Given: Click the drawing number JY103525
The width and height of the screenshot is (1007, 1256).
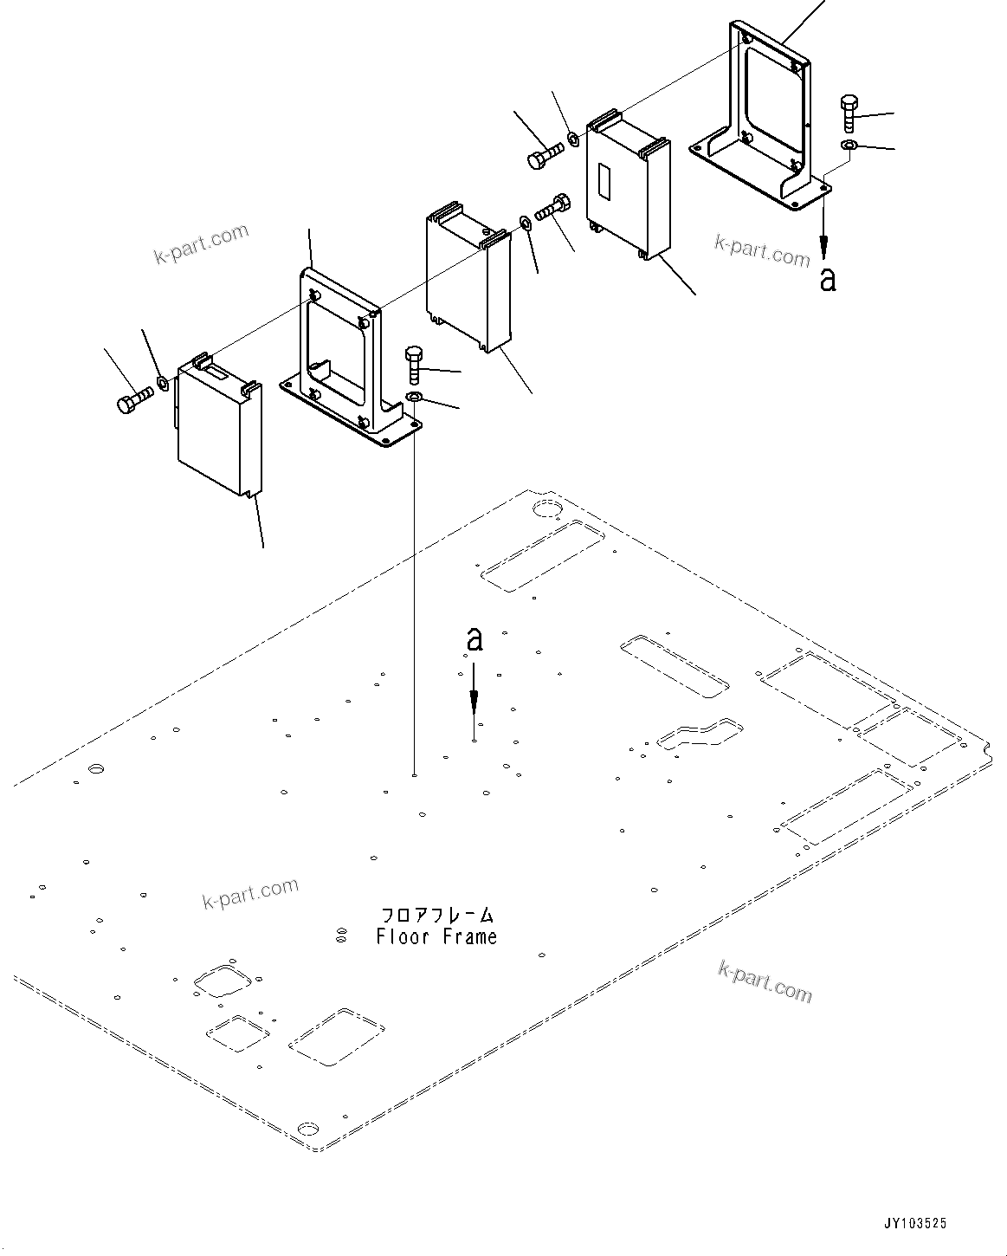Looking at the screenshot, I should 915,1224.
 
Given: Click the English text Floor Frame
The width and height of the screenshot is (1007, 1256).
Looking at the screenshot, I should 436,937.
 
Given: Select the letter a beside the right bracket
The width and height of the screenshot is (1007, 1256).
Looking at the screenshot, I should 828,279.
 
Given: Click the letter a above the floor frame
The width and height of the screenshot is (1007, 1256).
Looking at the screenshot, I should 474,639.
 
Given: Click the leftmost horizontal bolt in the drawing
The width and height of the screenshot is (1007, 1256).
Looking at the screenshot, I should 133,400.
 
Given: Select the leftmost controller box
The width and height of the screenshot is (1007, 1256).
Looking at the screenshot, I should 216,429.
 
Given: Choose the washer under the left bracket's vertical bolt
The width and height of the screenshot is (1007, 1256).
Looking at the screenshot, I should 414,398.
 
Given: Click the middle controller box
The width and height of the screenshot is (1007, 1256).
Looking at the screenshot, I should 468,282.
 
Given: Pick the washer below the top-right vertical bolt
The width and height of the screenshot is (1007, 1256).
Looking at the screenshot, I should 849,144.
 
